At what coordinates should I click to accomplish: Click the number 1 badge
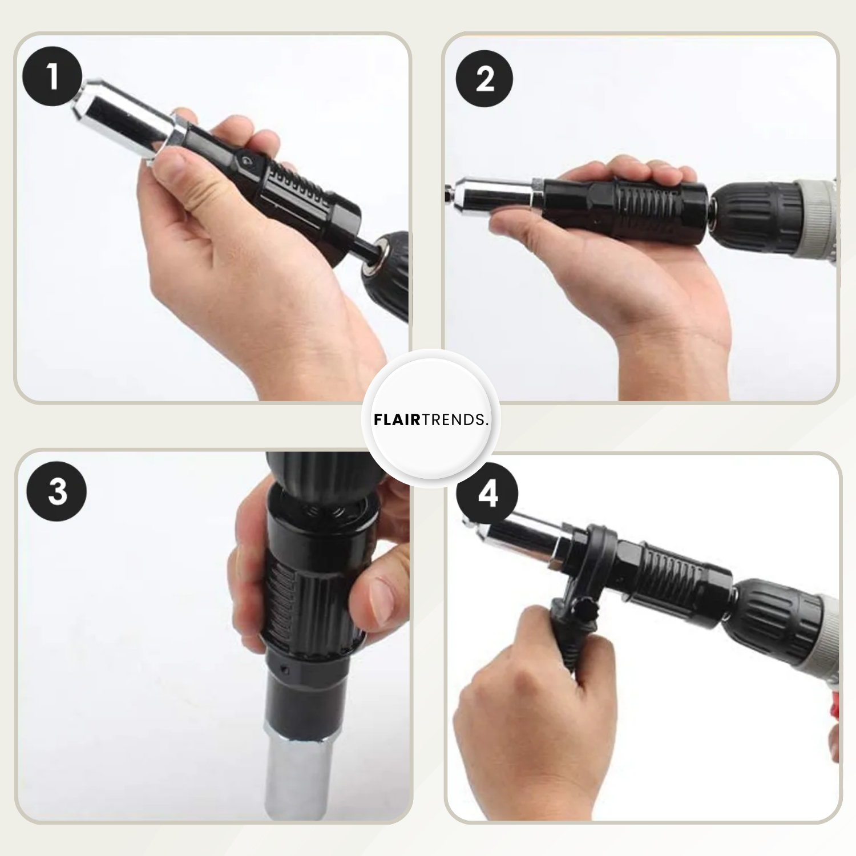(53, 76)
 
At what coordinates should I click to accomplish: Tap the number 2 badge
(484, 78)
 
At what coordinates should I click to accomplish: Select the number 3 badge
(57, 491)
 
